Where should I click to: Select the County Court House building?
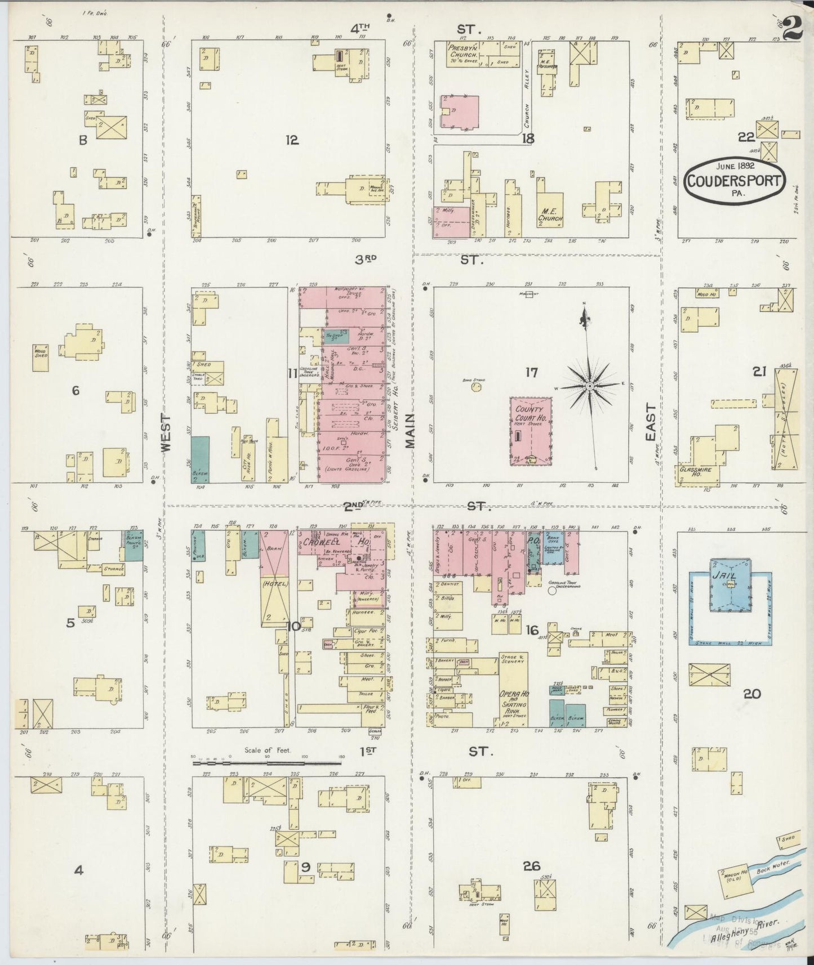pos(531,431)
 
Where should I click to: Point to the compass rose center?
pos(589,386)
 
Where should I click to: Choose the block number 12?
pos(291,140)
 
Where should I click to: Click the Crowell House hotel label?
pos(328,542)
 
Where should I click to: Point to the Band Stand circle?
pos(477,387)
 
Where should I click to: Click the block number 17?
pos(531,372)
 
